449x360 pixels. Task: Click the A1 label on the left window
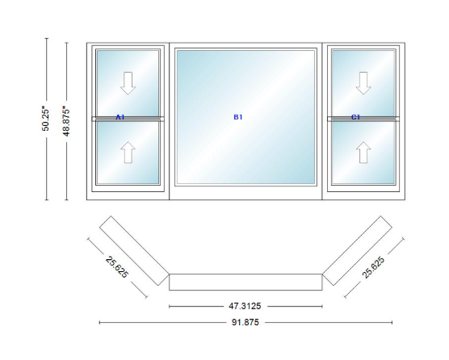pyautogui.click(x=120, y=117)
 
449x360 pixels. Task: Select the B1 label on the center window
pyautogui.click(x=238, y=117)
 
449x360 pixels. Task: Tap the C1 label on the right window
pyautogui.click(x=355, y=117)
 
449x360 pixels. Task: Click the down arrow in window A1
pyautogui.click(x=128, y=83)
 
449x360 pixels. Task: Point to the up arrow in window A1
pyautogui.click(x=128, y=153)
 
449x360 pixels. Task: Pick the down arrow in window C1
pyautogui.click(x=363, y=83)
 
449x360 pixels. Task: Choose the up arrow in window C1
pyautogui.click(x=363, y=153)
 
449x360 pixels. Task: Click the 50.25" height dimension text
pyautogui.click(x=45, y=119)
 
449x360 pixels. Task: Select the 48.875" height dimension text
pyautogui.click(x=66, y=121)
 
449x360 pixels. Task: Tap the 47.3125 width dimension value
pyautogui.click(x=245, y=306)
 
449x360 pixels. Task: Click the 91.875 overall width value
pyautogui.click(x=245, y=322)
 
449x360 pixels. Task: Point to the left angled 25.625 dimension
pyautogui.click(x=117, y=267)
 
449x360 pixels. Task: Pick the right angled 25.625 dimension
pyautogui.click(x=373, y=267)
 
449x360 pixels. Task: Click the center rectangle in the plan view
pyautogui.click(x=245, y=283)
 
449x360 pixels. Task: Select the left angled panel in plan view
pyautogui.click(x=134, y=251)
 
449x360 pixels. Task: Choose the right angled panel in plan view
pyautogui.click(x=357, y=251)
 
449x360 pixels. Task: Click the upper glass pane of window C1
pyautogui.click(x=363, y=83)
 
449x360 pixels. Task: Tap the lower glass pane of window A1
pyautogui.click(x=128, y=153)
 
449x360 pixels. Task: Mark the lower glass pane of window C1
pyautogui.click(x=363, y=153)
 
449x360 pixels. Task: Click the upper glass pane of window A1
pyautogui.click(x=128, y=83)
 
